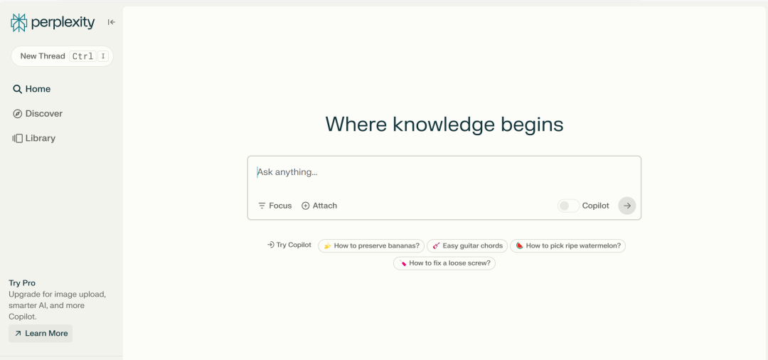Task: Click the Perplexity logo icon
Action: [x=18, y=23]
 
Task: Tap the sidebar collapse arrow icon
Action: [x=111, y=22]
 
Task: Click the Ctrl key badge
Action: [x=82, y=56]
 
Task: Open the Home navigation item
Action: [x=32, y=89]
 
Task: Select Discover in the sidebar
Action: [x=38, y=114]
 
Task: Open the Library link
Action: [x=34, y=138]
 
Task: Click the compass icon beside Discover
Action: [x=17, y=114]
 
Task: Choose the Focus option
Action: [x=274, y=206]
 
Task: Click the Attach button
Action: [x=319, y=206]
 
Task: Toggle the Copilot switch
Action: [x=568, y=206]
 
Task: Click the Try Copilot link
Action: [x=289, y=245]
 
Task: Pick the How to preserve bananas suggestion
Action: [x=371, y=246]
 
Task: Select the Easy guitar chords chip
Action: [x=467, y=246]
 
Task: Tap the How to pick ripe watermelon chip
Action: [x=567, y=246]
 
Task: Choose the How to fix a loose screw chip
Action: [x=444, y=263]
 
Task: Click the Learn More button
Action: [x=41, y=334]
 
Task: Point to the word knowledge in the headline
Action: [x=444, y=125]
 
